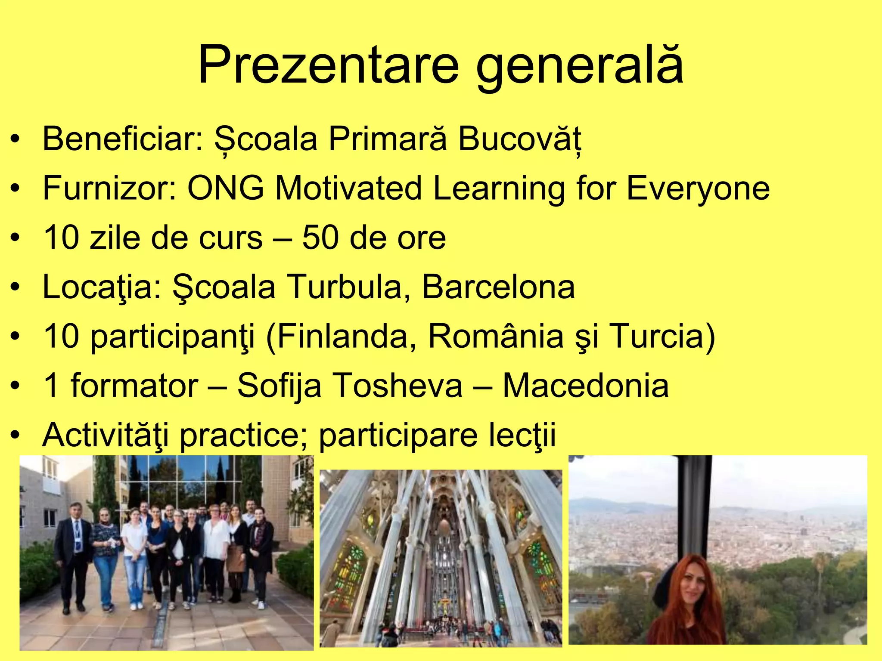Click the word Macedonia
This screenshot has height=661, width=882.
point(586,386)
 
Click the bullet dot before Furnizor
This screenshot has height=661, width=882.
point(16,189)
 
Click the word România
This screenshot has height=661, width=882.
point(496,336)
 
